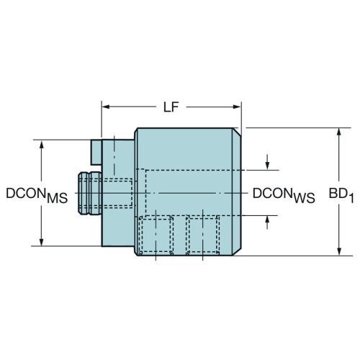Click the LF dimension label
pos(171,107)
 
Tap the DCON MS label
pos(37,195)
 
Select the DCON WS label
pos(284,195)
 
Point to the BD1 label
pos(341,195)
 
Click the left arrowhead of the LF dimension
pos(106,107)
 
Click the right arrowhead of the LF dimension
pos(237,107)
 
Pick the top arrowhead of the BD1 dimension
pos(339,132)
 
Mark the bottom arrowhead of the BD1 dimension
pos(339,251)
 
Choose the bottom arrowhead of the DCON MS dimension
pos(42,242)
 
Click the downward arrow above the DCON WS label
pos(267,162)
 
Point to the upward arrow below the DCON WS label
pos(267,222)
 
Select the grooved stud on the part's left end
pos(90,193)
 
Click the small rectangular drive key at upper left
pos(96,153)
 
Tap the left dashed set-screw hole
pos(156,234)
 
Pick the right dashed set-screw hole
pos(203,234)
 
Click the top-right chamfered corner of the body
pos(237,132)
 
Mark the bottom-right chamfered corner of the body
pos(237,251)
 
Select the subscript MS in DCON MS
pos(58,199)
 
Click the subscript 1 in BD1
pos(351,199)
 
